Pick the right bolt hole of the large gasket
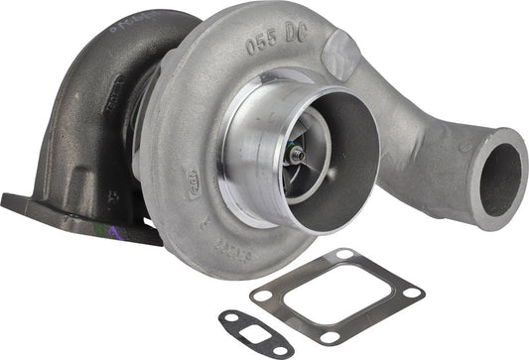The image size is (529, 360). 406,293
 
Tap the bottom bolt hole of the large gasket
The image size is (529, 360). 329,337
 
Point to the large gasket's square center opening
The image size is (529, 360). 335,296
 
